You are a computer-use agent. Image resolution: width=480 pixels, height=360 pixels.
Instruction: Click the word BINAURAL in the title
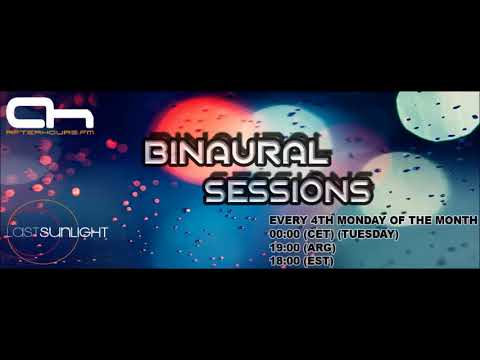pos(237,152)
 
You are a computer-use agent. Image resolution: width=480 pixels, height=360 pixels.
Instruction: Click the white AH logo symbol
pos(34,110)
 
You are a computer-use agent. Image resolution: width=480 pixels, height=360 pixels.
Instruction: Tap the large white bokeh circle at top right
pos(436,120)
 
